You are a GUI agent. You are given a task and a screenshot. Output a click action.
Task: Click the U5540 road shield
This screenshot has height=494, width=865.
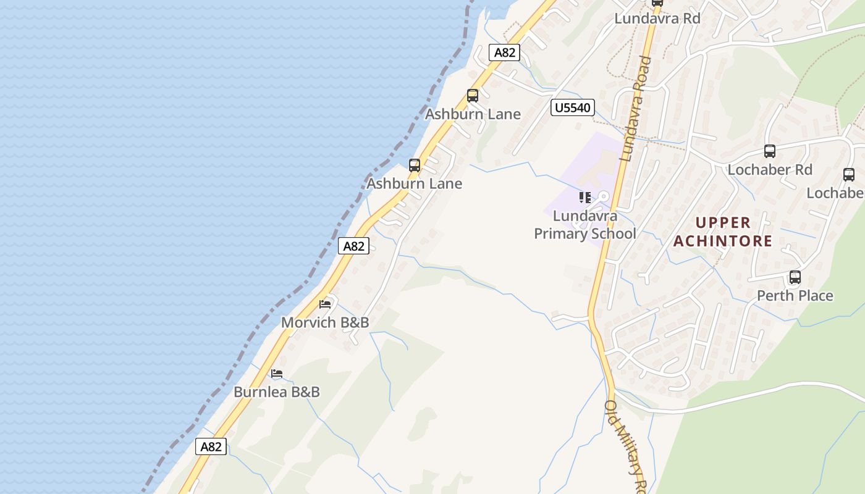572,108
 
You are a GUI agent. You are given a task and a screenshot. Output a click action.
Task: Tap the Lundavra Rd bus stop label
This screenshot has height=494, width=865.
657,19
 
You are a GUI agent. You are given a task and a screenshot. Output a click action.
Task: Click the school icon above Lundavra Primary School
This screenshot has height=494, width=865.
584,198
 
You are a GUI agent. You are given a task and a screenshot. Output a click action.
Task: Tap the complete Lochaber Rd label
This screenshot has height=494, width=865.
770,169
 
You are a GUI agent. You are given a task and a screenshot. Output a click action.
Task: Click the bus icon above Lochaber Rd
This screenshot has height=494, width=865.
769,151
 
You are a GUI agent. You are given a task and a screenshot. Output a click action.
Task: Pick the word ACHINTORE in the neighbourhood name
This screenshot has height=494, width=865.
723,241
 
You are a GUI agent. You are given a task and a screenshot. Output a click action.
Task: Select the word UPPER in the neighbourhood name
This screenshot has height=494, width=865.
723,222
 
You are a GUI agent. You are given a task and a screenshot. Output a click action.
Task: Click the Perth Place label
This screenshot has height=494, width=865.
795,296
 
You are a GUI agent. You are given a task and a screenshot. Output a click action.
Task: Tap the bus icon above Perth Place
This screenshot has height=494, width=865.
795,277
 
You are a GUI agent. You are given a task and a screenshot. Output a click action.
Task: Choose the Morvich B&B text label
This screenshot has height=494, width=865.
325,322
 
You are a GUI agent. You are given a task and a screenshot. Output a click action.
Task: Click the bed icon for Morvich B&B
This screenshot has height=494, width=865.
325,304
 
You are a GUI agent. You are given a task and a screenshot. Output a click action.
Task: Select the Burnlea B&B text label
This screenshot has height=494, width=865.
277,392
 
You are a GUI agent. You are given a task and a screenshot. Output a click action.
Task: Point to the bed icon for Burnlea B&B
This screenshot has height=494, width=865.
277,374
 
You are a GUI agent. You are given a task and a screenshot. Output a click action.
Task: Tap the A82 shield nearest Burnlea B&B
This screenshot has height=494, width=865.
211,446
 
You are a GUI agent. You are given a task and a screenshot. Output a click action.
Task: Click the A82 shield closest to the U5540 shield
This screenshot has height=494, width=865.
504,52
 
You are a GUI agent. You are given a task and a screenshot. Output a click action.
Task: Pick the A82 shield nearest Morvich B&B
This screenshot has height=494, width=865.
354,246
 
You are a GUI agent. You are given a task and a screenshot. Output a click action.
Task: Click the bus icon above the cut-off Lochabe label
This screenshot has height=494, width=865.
849,175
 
